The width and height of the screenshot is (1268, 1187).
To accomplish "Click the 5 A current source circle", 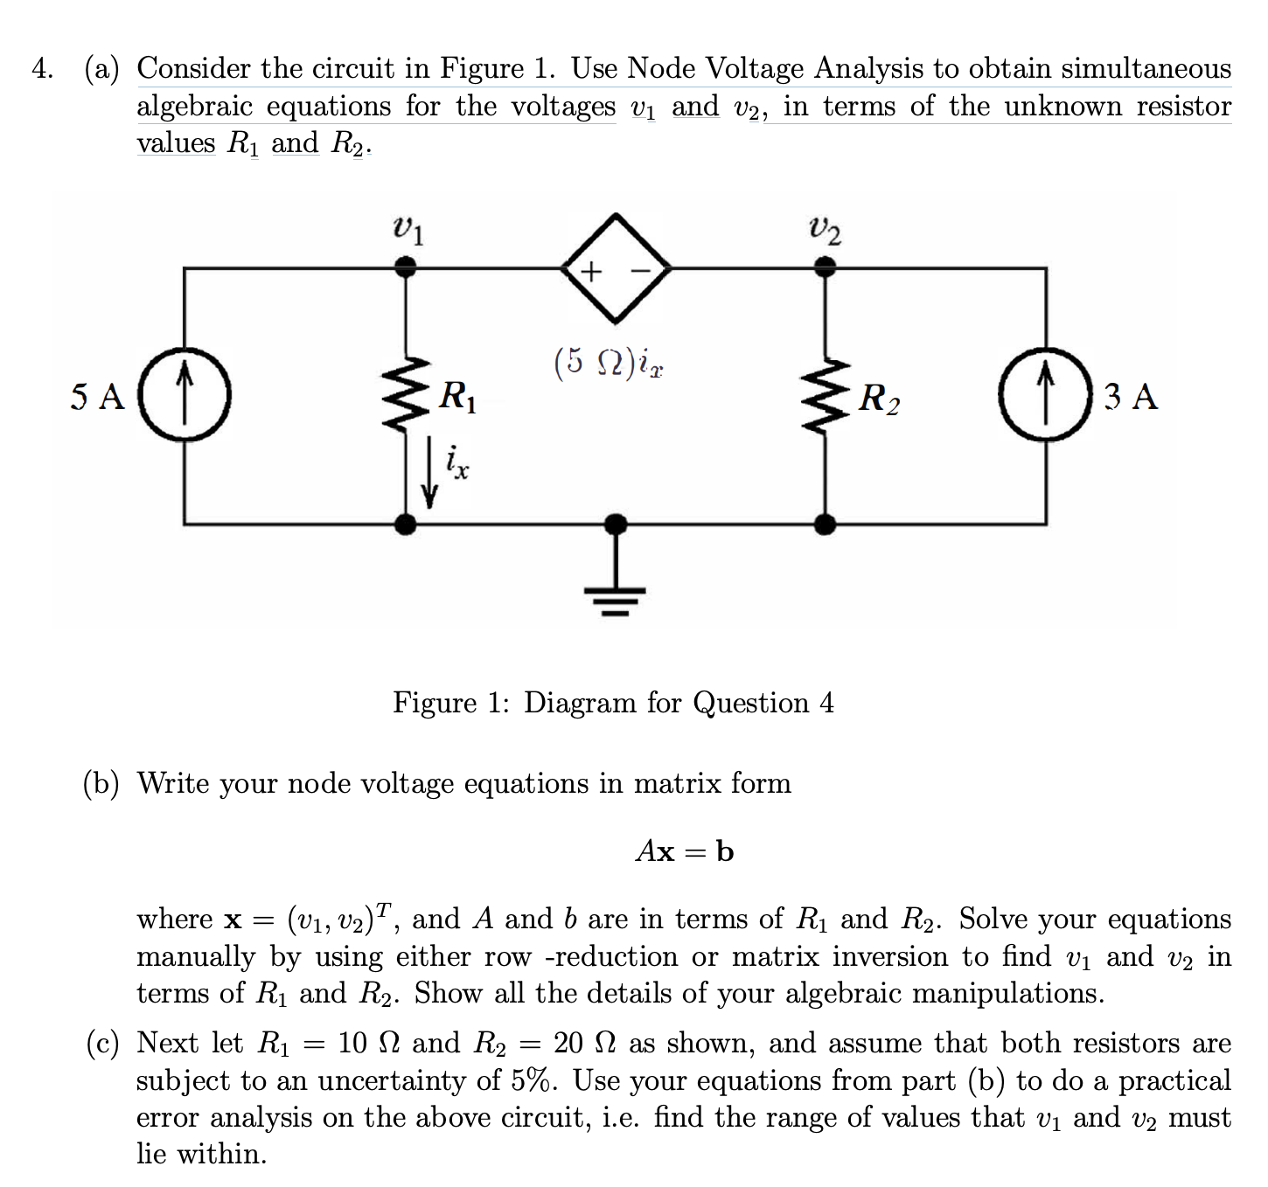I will tap(184, 395).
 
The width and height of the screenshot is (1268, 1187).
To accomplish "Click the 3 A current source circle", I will tap(1046, 396).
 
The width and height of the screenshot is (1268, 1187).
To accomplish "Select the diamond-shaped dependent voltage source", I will tap(617, 268).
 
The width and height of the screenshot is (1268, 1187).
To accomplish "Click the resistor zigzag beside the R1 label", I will tap(405, 395).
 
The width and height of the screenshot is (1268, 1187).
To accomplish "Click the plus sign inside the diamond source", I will tap(592, 271).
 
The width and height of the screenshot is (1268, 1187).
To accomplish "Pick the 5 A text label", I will tap(98, 397).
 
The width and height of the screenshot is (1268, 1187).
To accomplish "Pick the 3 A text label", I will tap(1131, 397).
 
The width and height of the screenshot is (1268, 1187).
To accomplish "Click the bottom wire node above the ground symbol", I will tap(616, 524).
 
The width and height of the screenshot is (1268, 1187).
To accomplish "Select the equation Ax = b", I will tap(685, 850).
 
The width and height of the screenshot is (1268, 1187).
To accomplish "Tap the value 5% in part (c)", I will tap(533, 1080).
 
